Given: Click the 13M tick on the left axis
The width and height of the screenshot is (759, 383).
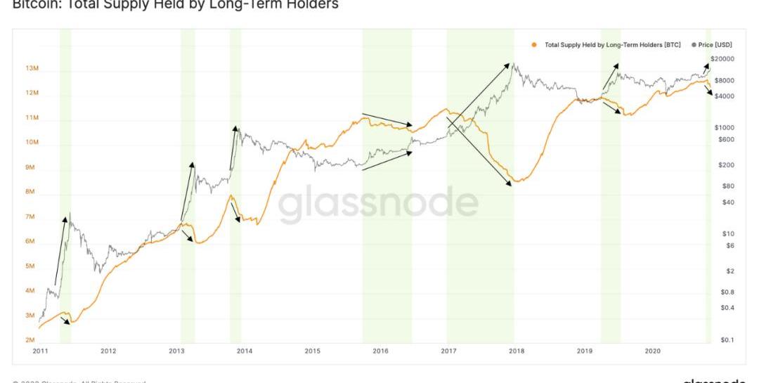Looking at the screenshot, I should point(32,68).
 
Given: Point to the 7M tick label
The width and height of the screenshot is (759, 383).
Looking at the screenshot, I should point(31,216).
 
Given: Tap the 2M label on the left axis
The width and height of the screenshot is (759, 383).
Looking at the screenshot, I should point(31,340).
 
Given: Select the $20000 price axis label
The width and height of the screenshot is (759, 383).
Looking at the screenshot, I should point(722,58).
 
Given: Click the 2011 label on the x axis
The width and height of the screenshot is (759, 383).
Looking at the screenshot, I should point(39,351).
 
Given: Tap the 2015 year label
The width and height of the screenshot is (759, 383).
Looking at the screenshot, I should point(312,351).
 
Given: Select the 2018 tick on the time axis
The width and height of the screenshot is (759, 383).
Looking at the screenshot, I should point(517,351).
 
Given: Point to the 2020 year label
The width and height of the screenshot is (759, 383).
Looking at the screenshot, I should point(653,351).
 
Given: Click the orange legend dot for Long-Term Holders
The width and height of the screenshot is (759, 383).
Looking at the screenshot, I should point(535,44).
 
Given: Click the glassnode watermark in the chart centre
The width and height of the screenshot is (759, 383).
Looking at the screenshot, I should point(378,202).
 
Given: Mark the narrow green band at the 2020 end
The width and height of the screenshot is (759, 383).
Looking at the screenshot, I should point(708,190).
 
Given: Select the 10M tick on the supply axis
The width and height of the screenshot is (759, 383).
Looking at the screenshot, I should point(32,143).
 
